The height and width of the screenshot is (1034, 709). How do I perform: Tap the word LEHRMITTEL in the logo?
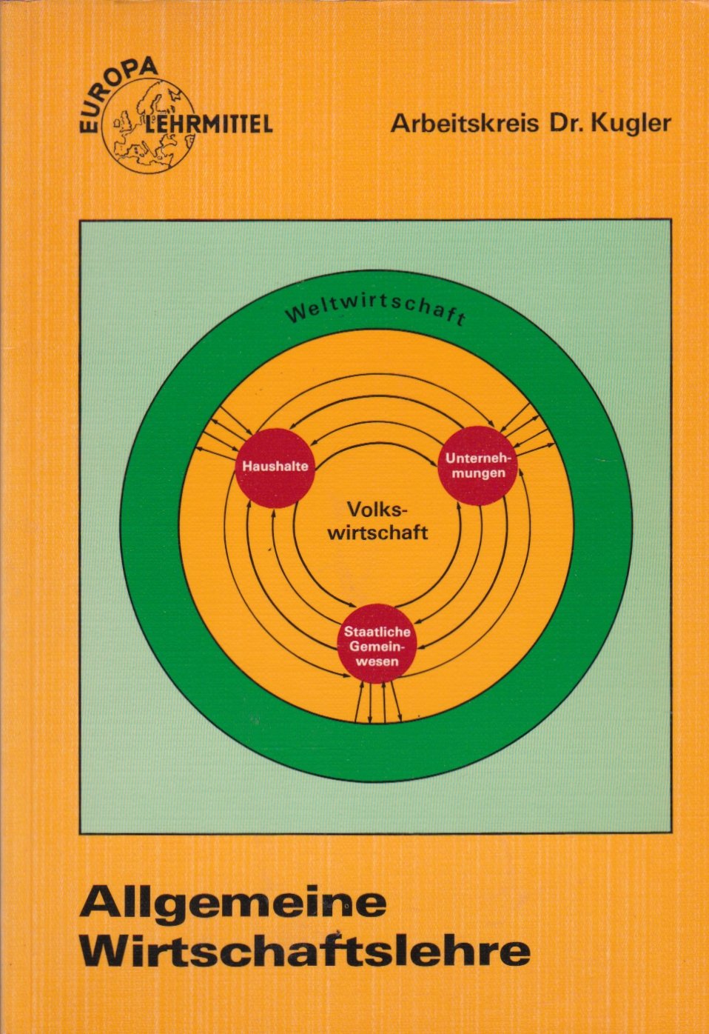pyautogui.click(x=209, y=124)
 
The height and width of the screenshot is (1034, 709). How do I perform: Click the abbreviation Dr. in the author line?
pyautogui.click(x=568, y=124)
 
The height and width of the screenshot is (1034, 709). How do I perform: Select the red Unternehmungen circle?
pyautogui.click(x=478, y=465)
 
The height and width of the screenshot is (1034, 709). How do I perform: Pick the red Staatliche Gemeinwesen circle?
pyautogui.click(x=377, y=643)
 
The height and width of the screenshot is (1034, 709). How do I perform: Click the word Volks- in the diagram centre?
pyautogui.click(x=376, y=510)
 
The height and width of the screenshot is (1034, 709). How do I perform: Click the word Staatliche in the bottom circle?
pyautogui.click(x=377, y=631)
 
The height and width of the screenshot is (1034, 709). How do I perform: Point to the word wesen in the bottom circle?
pyautogui.click(x=377, y=661)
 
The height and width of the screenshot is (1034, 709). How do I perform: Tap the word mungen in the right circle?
pyautogui.click(x=478, y=473)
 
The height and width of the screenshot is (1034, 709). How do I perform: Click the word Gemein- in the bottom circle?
pyautogui.click(x=377, y=646)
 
